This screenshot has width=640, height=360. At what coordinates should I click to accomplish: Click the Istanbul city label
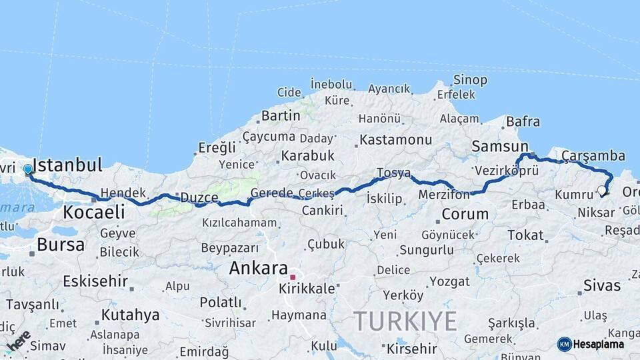tap(67, 165)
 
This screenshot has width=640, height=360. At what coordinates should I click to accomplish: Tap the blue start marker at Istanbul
tap(28, 169)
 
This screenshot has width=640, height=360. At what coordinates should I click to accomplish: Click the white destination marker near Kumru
tap(602, 191)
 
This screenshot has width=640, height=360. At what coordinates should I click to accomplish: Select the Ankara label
tap(258, 268)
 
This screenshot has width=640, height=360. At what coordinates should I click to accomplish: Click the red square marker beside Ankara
tap(293, 276)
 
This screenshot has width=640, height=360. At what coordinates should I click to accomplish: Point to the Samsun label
tap(500, 146)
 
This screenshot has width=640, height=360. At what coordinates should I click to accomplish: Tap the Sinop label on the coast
tap(470, 80)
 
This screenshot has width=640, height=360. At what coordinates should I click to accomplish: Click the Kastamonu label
tap(396, 140)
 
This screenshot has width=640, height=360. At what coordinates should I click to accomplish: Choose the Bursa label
tap(61, 245)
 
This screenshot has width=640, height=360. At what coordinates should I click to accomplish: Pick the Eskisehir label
tap(95, 281)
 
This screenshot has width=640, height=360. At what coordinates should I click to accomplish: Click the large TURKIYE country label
tap(405, 321)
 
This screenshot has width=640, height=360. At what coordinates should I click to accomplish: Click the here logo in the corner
tap(17, 341)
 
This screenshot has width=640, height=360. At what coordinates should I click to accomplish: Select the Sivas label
tap(602, 286)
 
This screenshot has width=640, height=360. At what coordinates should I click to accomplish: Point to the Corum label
tap(465, 215)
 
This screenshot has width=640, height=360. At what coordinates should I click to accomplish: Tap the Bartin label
tap(281, 115)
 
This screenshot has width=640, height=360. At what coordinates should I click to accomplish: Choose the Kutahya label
tap(131, 315)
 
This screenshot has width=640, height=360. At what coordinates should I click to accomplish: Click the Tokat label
tap(526, 235)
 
